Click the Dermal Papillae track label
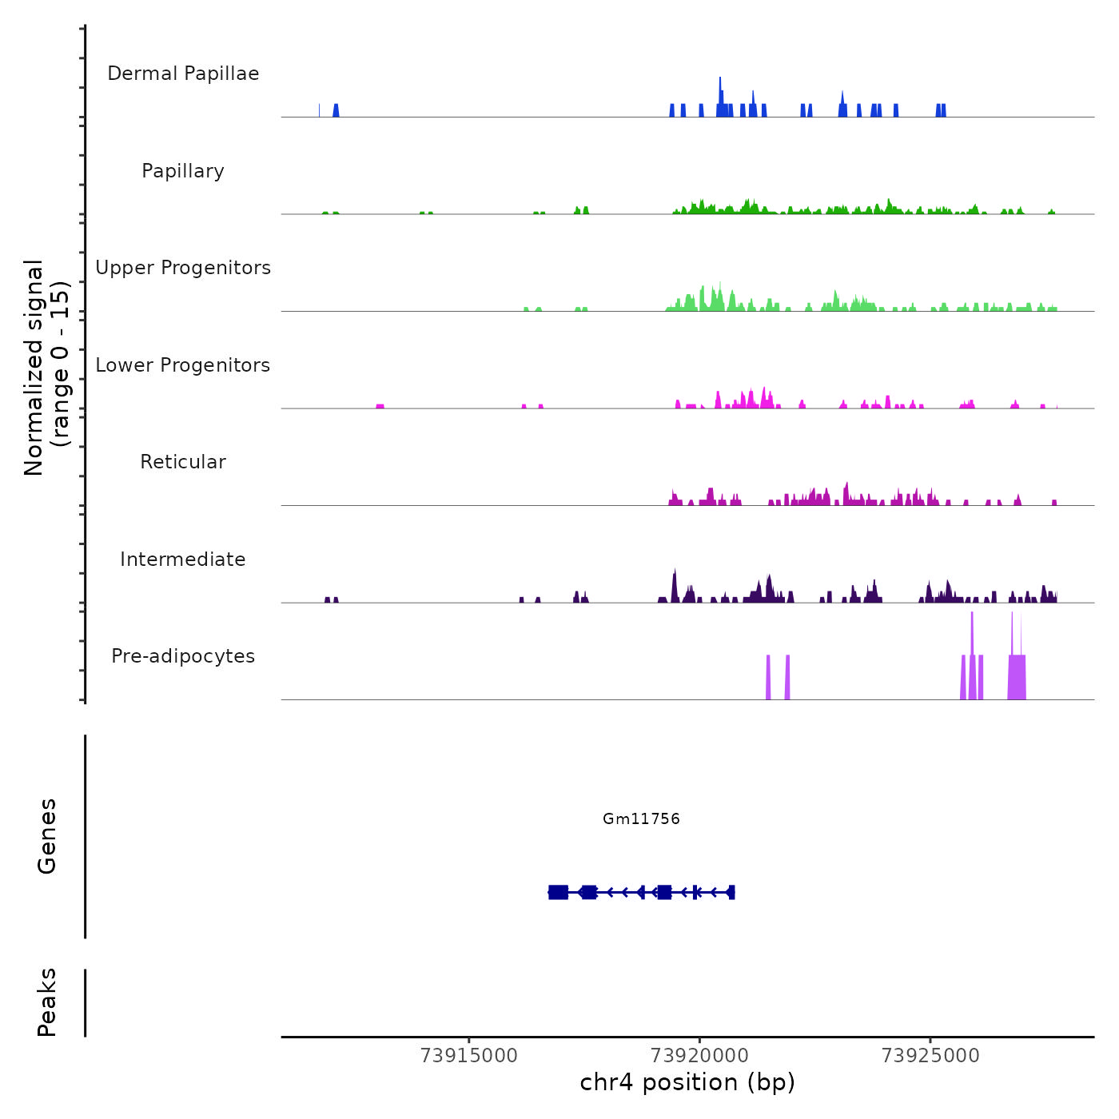(183, 74)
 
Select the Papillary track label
(183, 171)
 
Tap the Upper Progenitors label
(183, 268)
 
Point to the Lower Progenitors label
(183, 365)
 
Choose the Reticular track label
(183, 462)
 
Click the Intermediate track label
(183, 559)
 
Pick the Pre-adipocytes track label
(183, 656)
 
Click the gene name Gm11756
(641, 818)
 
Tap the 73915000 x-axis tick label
(469, 1056)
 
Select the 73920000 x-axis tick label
(699, 1056)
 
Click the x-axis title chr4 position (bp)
(687, 1083)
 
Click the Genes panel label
(47, 836)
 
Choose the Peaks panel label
(47, 1002)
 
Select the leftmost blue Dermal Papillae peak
(336, 110)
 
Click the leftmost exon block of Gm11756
(558, 892)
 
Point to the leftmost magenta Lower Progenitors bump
(380, 406)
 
